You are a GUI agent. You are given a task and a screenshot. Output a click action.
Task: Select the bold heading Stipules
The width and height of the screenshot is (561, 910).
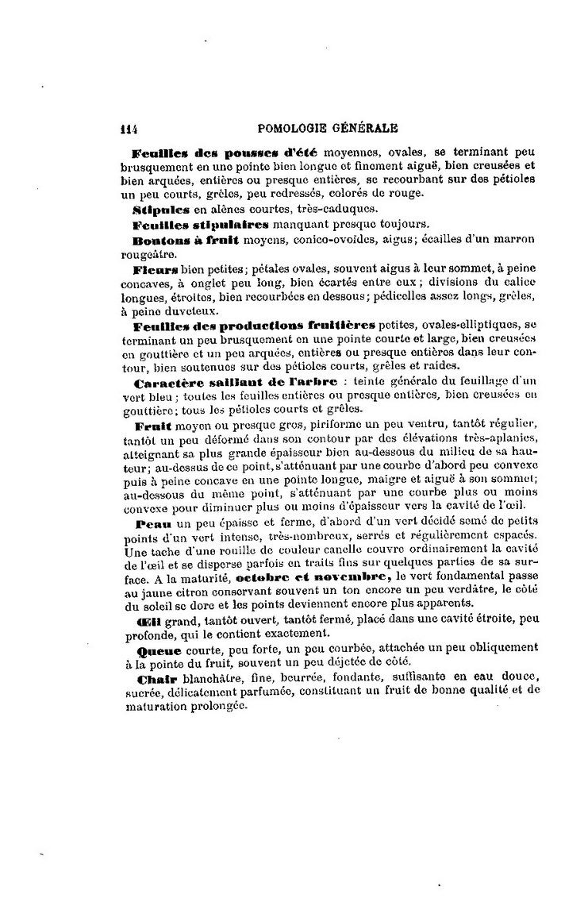162,210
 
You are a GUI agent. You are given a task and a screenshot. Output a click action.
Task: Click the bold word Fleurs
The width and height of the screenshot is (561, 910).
156,269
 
